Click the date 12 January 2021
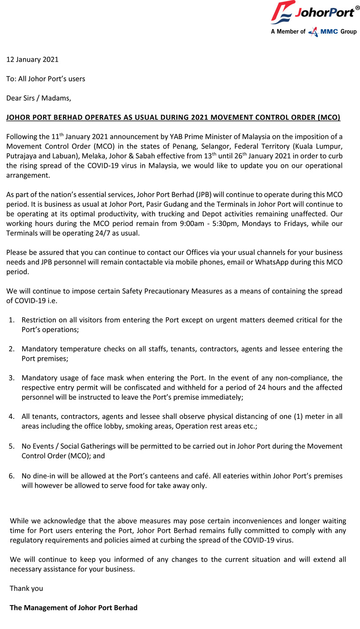32,59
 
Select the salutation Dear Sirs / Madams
39,98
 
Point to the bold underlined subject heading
173,117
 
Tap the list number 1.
12,320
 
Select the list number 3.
12,378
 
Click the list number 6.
12,476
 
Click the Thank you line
27,588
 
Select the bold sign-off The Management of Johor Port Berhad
74,607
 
